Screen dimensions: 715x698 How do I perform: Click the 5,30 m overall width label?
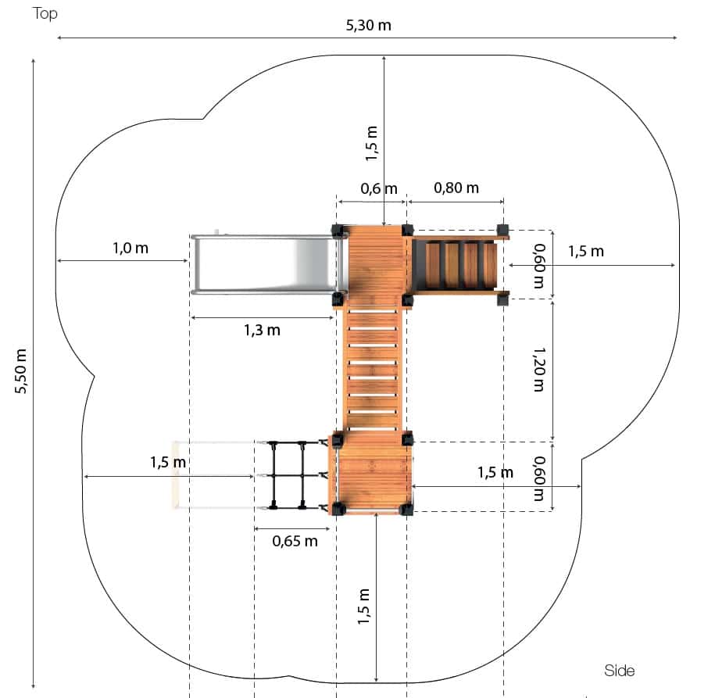369,25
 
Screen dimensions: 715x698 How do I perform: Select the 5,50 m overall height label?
21,371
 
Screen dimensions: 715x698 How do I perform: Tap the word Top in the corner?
45,14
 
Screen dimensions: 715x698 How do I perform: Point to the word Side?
619,670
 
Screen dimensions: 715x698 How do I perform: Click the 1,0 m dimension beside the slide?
130,249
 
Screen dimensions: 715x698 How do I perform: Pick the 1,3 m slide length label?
262,330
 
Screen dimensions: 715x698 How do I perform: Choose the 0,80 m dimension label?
456,188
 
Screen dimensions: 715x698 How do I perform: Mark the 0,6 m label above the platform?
378,188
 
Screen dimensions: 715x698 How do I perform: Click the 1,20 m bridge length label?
539,370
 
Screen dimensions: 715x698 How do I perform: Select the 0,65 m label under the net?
295,541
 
